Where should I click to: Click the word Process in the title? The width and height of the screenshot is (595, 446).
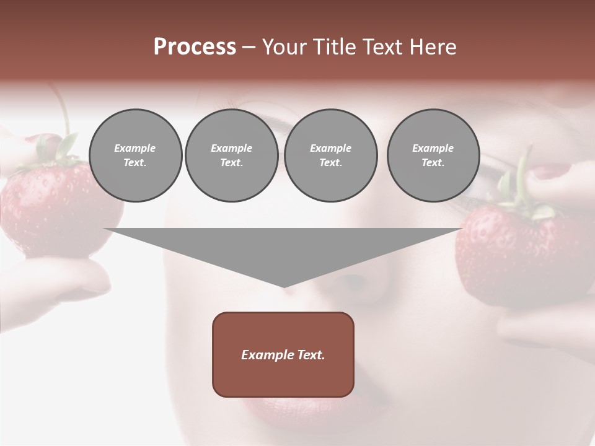click(195, 47)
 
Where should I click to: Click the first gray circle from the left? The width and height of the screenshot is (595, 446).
click(135, 155)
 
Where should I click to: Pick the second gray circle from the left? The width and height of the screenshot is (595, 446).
click(231, 155)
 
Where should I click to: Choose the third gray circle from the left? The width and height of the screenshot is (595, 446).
click(330, 155)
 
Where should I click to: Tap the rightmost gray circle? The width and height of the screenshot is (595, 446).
click(433, 155)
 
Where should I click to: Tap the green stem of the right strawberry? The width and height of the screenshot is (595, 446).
click(524, 180)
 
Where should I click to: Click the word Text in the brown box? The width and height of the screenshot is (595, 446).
click(309, 355)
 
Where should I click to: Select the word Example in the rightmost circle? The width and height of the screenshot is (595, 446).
click(433, 148)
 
